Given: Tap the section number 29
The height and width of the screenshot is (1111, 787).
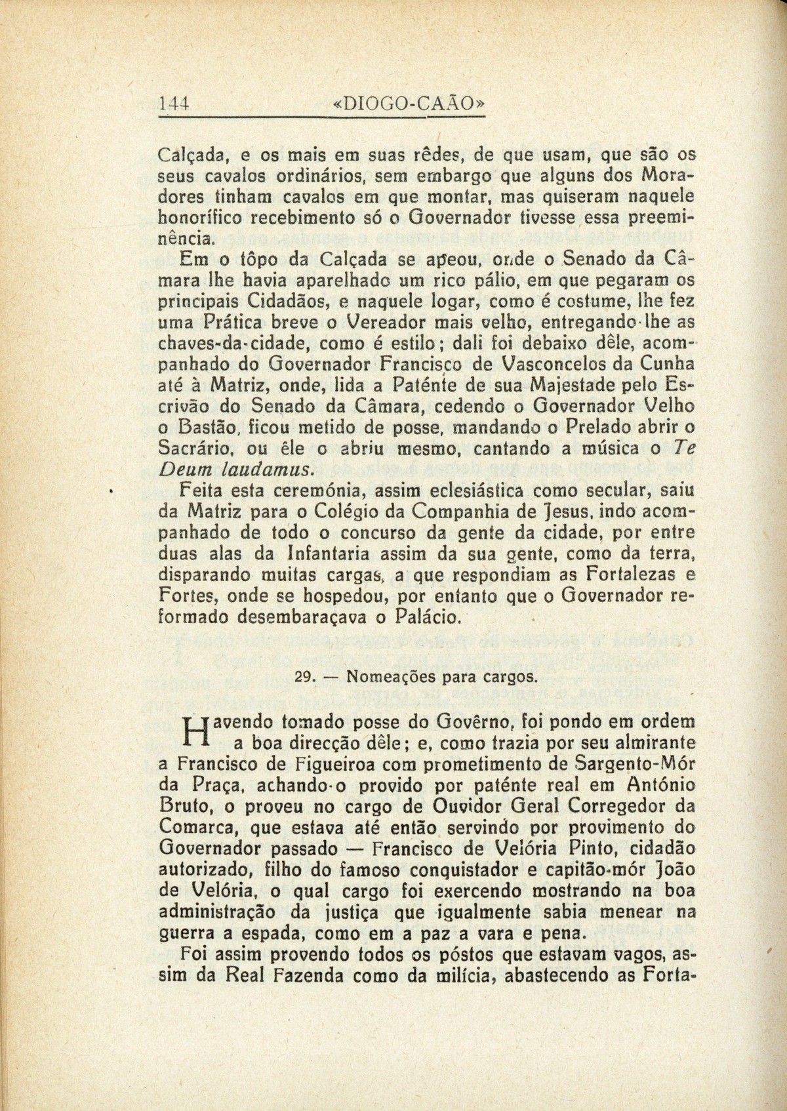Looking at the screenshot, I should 305,677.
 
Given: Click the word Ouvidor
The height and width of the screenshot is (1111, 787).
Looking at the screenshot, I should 422,805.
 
